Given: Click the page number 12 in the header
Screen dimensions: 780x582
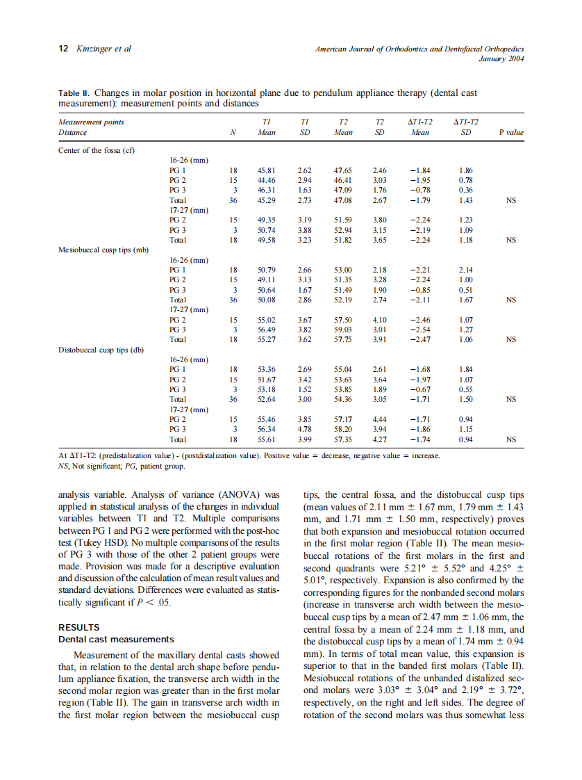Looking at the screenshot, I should tap(63, 49).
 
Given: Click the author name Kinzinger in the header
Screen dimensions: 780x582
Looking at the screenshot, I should tap(94, 49).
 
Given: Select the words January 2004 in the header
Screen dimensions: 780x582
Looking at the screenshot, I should tap(501, 58).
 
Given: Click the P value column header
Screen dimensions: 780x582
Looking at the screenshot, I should tap(510, 132).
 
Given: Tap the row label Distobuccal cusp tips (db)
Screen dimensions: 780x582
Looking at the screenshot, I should tap(101, 350).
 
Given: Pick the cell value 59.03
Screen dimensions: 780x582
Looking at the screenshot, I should tap(344, 330).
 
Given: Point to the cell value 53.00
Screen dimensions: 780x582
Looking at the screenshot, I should tap(344, 269).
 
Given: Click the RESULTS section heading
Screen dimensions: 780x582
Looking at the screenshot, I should tap(79, 627).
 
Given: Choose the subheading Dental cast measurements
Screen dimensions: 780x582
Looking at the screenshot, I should tap(116, 639).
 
